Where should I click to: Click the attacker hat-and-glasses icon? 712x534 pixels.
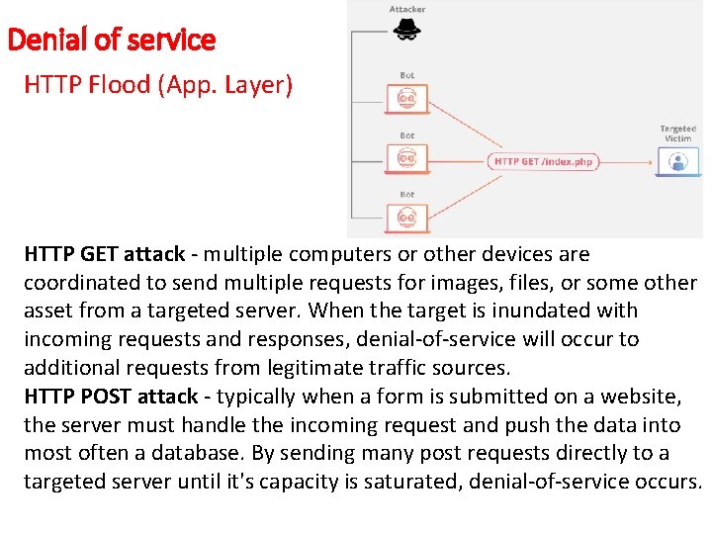[406, 31]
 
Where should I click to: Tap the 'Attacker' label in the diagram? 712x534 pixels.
[406, 9]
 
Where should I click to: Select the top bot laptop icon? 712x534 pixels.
[406, 98]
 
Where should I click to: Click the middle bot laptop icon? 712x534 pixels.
[406, 158]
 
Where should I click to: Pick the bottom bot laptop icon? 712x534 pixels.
[406, 218]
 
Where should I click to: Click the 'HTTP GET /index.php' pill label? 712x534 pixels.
[544, 161]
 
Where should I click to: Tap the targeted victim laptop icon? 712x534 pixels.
[678, 161]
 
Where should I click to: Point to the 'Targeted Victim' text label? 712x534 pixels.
[678, 133]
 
